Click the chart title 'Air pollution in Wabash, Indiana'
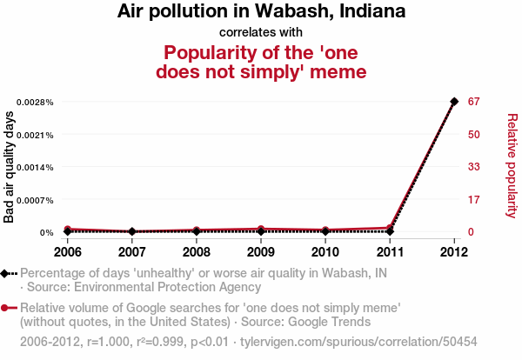pos(260,12)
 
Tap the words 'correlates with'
pos(260,32)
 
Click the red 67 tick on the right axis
pos(473,102)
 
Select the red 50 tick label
pos(473,135)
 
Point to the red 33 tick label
pos(473,167)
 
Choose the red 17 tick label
pos(473,200)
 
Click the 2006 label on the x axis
pos(68,252)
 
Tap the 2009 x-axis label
pos(261,252)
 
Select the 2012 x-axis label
pos(454,252)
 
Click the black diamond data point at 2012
pos(454,102)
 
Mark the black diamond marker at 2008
pos(197,231)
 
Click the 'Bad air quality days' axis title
pos(10,167)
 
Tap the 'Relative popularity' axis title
pos(512,165)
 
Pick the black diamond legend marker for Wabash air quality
pos(6,273)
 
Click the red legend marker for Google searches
pos(6,308)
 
